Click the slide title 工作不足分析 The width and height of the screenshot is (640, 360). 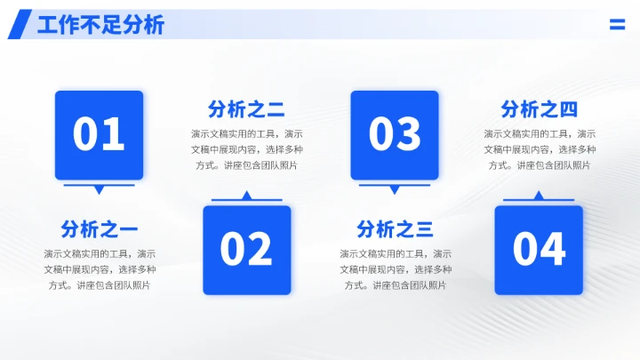(100, 25)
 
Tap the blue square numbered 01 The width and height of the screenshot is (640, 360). (99, 134)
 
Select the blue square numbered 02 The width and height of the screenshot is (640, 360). (247, 250)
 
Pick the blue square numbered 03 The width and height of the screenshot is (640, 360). (395, 134)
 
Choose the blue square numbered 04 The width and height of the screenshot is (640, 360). (539, 250)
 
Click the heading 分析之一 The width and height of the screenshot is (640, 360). (100, 229)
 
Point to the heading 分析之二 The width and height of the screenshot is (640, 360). (246, 110)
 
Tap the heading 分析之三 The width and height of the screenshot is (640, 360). (395, 229)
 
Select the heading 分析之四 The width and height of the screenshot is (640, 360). (539, 110)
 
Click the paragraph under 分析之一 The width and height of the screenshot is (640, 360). (100, 269)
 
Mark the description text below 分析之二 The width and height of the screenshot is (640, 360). (246, 149)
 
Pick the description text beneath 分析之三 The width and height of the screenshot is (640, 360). (395, 269)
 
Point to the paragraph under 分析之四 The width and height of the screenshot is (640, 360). (539, 149)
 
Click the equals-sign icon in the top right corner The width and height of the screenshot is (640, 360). (617, 25)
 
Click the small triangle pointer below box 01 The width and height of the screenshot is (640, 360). (99, 189)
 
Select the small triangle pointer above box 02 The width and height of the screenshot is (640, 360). (247, 196)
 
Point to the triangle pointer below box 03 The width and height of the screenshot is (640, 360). (395, 189)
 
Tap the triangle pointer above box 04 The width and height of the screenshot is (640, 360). (539, 196)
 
